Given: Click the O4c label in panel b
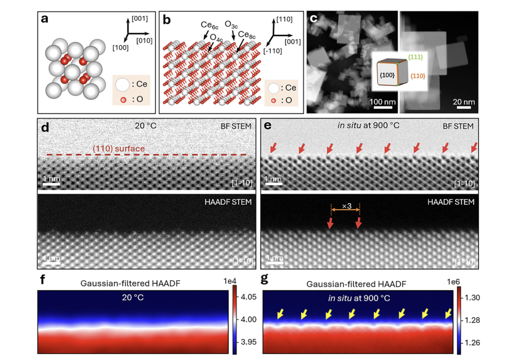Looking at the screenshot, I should tap(217, 37).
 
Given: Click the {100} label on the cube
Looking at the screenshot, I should tap(386, 76).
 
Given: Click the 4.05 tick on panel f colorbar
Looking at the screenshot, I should tap(249, 296).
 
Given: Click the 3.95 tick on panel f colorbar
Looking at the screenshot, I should tap(249, 342).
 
